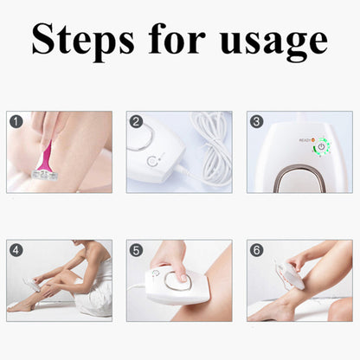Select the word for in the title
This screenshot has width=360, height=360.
click(172, 40)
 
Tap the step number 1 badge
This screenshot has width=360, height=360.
click(16, 122)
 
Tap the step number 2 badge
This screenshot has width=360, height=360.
click(136, 122)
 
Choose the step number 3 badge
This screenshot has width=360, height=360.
click(256, 122)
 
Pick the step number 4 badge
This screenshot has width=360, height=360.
click(16, 250)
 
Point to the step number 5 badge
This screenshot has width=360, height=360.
click(136, 250)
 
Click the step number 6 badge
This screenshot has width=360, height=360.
click(256, 250)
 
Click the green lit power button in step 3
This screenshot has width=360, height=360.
click(321, 147)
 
